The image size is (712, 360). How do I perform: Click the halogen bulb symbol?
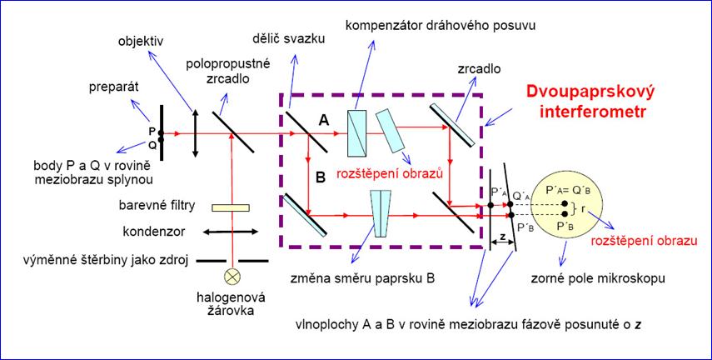pos(233,277)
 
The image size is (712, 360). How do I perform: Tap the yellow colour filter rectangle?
pos(231,207)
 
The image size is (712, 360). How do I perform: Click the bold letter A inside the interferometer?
pos(324,120)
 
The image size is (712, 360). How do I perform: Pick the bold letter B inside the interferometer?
pos(321,177)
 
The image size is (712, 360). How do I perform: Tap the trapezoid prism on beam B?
pos(381,213)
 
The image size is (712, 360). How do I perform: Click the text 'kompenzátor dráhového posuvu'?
pos(440,26)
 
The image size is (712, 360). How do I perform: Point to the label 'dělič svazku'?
pos(289,39)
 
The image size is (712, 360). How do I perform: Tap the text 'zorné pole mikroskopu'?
pos(598,277)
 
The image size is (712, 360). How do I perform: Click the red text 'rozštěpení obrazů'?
pos(389,174)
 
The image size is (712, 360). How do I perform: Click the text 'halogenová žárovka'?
pos(231,304)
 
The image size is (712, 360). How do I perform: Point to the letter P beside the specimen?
pos(152,130)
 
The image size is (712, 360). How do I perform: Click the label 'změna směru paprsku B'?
pos(362,278)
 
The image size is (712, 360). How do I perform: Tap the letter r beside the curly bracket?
pos(583,209)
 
